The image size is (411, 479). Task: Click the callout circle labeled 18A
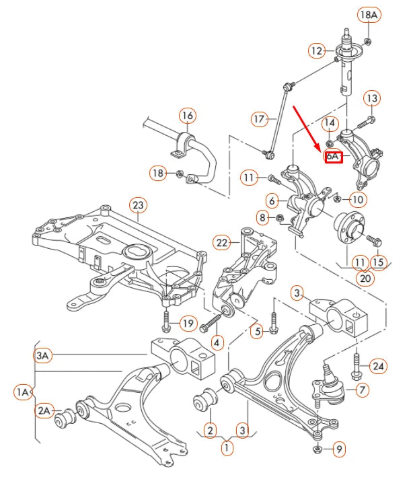[x=369, y=14]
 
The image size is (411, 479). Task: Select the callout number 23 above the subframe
[x=137, y=205]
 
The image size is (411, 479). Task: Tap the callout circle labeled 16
[x=187, y=116]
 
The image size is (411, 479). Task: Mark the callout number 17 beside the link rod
[x=260, y=120]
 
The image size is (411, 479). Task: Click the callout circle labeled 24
[x=379, y=366]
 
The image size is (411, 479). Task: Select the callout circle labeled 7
[x=363, y=390]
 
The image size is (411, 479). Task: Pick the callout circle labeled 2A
[x=44, y=410]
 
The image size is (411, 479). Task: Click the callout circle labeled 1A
[x=23, y=392]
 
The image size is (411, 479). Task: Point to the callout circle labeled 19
[x=187, y=324]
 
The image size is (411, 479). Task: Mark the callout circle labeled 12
[x=317, y=50]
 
